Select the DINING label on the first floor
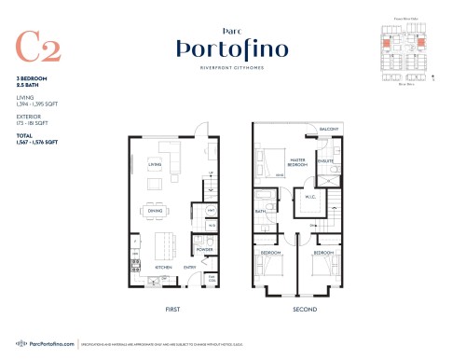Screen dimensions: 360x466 154,210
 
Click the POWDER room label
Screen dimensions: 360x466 203,250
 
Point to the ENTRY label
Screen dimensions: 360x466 189,267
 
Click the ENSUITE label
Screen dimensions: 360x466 325,161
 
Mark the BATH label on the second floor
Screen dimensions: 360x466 262,212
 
